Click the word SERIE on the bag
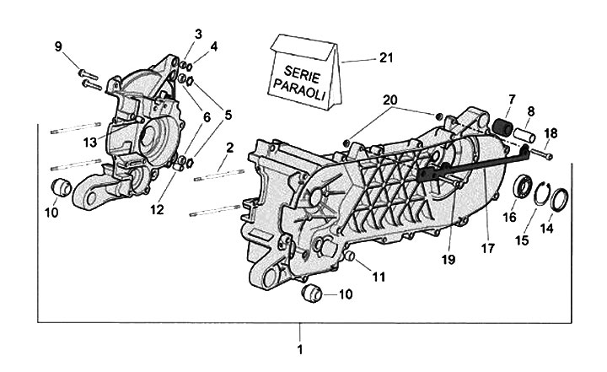click(x=302, y=75)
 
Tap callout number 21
click(x=386, y=57)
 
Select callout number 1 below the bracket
click(x=299, y=349)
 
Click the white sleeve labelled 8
click(x=525, y=136)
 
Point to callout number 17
click(x=488, y=248)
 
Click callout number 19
click(x=449, y=259)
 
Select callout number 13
click(x=90, y=143)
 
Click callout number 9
click(x=58, y=47)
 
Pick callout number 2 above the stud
click(x=230, y=148)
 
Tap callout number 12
click(x=157, y=210)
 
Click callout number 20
click(x=390, y=100)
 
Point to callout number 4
click(x=213, y=47)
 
